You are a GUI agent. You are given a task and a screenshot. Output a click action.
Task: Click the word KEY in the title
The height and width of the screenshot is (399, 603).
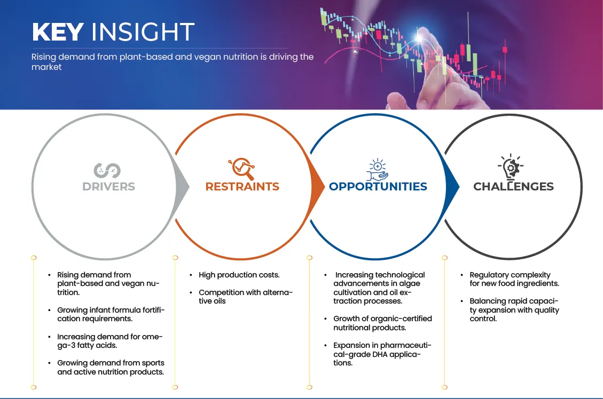tap(58, 31)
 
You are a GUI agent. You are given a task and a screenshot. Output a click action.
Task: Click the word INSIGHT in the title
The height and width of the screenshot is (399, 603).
tap(143, 31)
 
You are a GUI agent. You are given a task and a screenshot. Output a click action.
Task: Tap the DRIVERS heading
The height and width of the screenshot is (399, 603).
tap(108, 187)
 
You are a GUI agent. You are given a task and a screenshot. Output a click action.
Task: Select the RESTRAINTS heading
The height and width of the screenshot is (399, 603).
tap(242, 187)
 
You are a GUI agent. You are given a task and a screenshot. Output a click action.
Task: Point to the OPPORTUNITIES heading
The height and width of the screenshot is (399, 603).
tap(378, 187)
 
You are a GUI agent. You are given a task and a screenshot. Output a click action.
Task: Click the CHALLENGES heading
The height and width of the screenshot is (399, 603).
tap(513, 187)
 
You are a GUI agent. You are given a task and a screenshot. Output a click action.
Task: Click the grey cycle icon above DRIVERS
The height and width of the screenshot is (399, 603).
tap(107, 171)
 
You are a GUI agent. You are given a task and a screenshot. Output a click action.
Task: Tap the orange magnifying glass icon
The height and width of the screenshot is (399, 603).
tap(241, 169)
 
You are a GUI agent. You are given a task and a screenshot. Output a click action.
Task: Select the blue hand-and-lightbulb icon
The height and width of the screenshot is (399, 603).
tap(377, 169)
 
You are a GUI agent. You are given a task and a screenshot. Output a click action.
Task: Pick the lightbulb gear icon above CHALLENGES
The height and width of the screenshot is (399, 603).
tap(511, 167)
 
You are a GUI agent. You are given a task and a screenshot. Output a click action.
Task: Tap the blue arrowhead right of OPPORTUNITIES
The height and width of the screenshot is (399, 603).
tap(452, 187)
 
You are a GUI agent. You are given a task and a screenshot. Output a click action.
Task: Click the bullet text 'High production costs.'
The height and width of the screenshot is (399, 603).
tap(239, 275)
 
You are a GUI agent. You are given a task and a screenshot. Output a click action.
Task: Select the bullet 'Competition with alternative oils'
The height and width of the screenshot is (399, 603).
tap(245, 297)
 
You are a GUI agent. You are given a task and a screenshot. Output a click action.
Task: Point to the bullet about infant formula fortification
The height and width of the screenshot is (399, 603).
tap(111, 315)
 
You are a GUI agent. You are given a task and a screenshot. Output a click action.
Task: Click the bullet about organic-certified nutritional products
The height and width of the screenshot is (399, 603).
tap(382, 323)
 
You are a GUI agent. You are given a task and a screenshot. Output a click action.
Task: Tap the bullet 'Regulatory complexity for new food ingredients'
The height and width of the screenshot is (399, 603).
tap(514, 279)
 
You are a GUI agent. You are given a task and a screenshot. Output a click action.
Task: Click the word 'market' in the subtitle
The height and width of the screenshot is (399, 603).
tap(46, 67)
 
